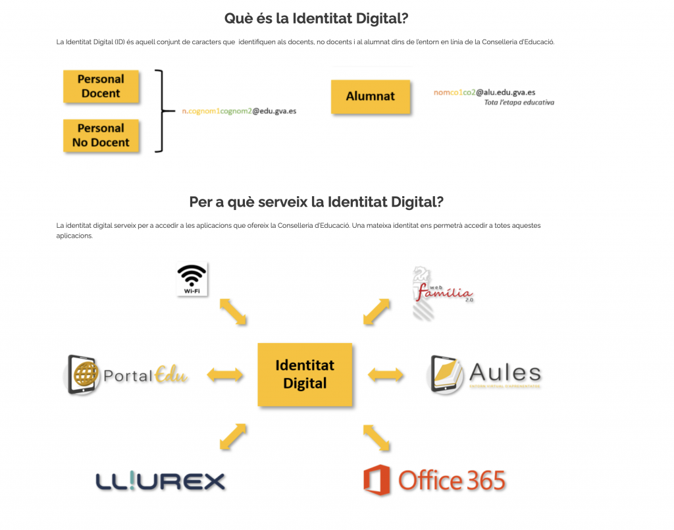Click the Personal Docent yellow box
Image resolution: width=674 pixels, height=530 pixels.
tap(101, 86)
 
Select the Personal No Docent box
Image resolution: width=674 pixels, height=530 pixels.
tap(101, 136)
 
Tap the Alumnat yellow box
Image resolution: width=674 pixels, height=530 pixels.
tap(371, 97)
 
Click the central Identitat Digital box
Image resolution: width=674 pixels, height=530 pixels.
tap(305, 374)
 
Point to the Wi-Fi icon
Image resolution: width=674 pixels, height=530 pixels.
tap(192, 279)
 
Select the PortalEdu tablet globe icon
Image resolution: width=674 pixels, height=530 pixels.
tap(84, 375)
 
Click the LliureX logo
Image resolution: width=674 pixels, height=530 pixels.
tap(161, 481)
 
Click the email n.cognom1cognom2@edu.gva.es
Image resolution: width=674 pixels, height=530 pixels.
tap(239, 111)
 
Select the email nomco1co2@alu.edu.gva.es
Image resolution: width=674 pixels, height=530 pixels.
tap(484, 93)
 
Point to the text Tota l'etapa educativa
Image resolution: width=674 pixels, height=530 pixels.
tap(519, 103)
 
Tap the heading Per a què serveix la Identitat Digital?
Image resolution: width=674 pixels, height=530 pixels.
tap(317, 201)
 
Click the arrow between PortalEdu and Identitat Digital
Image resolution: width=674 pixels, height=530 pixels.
tap(225, 375)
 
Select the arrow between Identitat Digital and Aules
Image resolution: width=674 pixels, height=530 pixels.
tap(386, 375)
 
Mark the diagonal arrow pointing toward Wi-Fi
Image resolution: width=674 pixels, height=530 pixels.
tap(232, 311)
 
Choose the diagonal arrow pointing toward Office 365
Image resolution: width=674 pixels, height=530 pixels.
tap(375, 438)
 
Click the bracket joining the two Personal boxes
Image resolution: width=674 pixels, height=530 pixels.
tap(159, 111)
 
